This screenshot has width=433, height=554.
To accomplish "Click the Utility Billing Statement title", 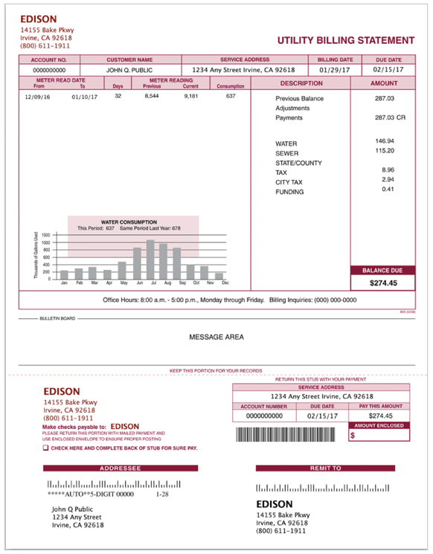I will coord(345,40).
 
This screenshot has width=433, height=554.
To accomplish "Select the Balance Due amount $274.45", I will coord(383,283).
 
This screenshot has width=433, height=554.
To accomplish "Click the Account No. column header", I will coord(49,59).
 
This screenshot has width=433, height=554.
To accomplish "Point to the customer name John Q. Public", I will coord(129,70).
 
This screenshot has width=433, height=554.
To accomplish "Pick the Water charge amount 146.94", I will coord(385,141).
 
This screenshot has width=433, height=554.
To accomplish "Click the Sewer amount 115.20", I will coord(385,151).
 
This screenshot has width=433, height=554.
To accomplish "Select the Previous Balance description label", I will coord(299,98).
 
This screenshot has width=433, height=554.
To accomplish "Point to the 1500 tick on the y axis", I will coord(45,235).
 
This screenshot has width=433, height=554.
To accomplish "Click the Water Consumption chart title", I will coord(129,222).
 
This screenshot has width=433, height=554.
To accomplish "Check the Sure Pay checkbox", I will coord(45,448).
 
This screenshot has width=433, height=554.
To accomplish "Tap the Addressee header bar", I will coord(120,468).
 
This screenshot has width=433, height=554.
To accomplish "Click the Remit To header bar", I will coord(325,468).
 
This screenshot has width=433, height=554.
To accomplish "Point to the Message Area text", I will coord(216,337).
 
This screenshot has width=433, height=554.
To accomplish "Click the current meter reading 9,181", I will coord(190,96).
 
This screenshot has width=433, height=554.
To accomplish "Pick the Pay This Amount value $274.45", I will coord(380,416).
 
